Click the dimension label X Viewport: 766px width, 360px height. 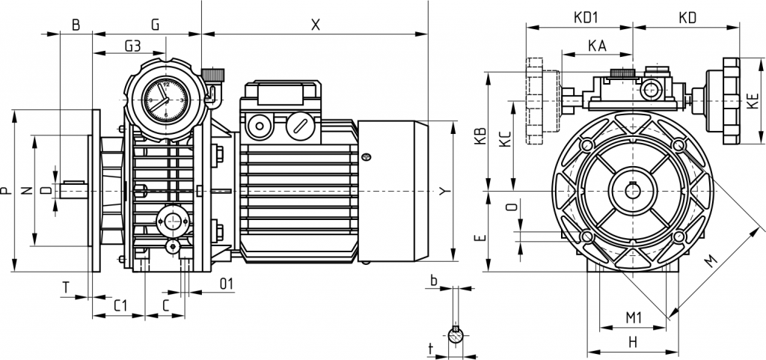(x=315, y=24)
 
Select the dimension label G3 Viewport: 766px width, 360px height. (x=132, y=46)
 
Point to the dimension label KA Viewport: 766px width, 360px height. (x=597, y=46)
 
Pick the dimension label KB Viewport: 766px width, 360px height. (x=480, y=134)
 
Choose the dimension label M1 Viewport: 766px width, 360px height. (x=634, y=318)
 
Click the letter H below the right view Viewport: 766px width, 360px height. (x=632, y=342)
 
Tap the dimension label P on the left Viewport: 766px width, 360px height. (x=6, y=192)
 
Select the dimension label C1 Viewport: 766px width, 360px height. (x=118, y=306)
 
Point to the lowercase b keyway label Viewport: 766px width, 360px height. (x=433, y=281)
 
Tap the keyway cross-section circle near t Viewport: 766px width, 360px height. (x=455, y=332)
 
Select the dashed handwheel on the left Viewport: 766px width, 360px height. (x=541, y=100)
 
